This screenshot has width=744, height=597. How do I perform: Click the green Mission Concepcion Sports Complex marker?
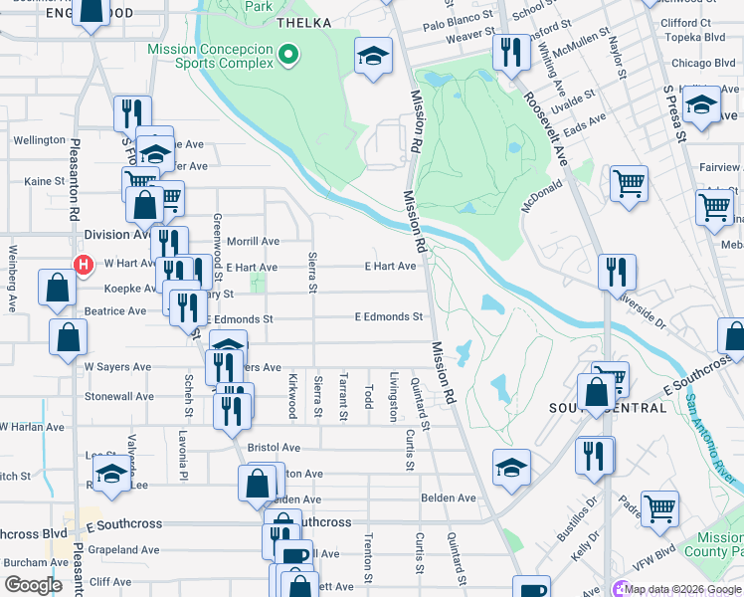point(288,55)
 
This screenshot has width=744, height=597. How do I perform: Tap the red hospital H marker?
point(85,265)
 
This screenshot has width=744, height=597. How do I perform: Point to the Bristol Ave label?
point(274,449)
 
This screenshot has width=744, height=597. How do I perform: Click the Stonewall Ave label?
point(119,396)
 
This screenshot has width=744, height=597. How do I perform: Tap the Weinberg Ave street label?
point(13,274)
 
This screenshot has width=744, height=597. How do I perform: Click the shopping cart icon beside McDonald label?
point(629,183)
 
